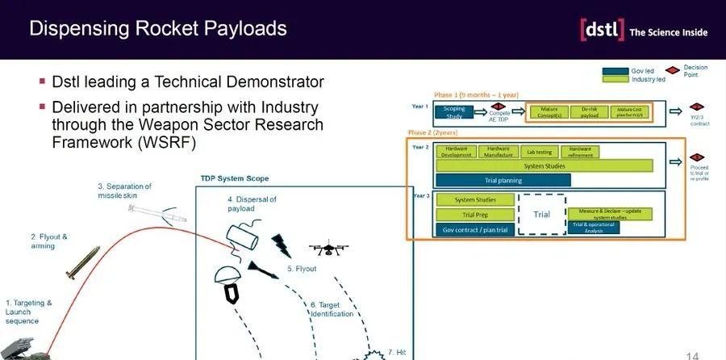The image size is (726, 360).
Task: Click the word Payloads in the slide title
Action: pyautogui.click(x=244, y=28)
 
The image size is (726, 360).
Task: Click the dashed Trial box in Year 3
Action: pyautogui.click(x=542, y=214)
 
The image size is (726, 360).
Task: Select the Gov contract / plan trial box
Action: pyautogui.click(x=475, y=230)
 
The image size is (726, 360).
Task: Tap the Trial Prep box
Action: pyautogui.click(x=475, y=215)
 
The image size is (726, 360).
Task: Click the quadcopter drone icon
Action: pyautogui.click(x=327, y=251)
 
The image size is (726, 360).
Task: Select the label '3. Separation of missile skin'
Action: pyautogui.click(x=124, y=190)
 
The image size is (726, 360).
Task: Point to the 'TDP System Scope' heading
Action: pyautogui.click(x=235, y=178)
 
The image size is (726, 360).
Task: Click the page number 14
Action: pyautogui.click(x=692, y=354)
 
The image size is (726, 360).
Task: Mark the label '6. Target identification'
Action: pyautogui.click(x=332, y=309)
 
